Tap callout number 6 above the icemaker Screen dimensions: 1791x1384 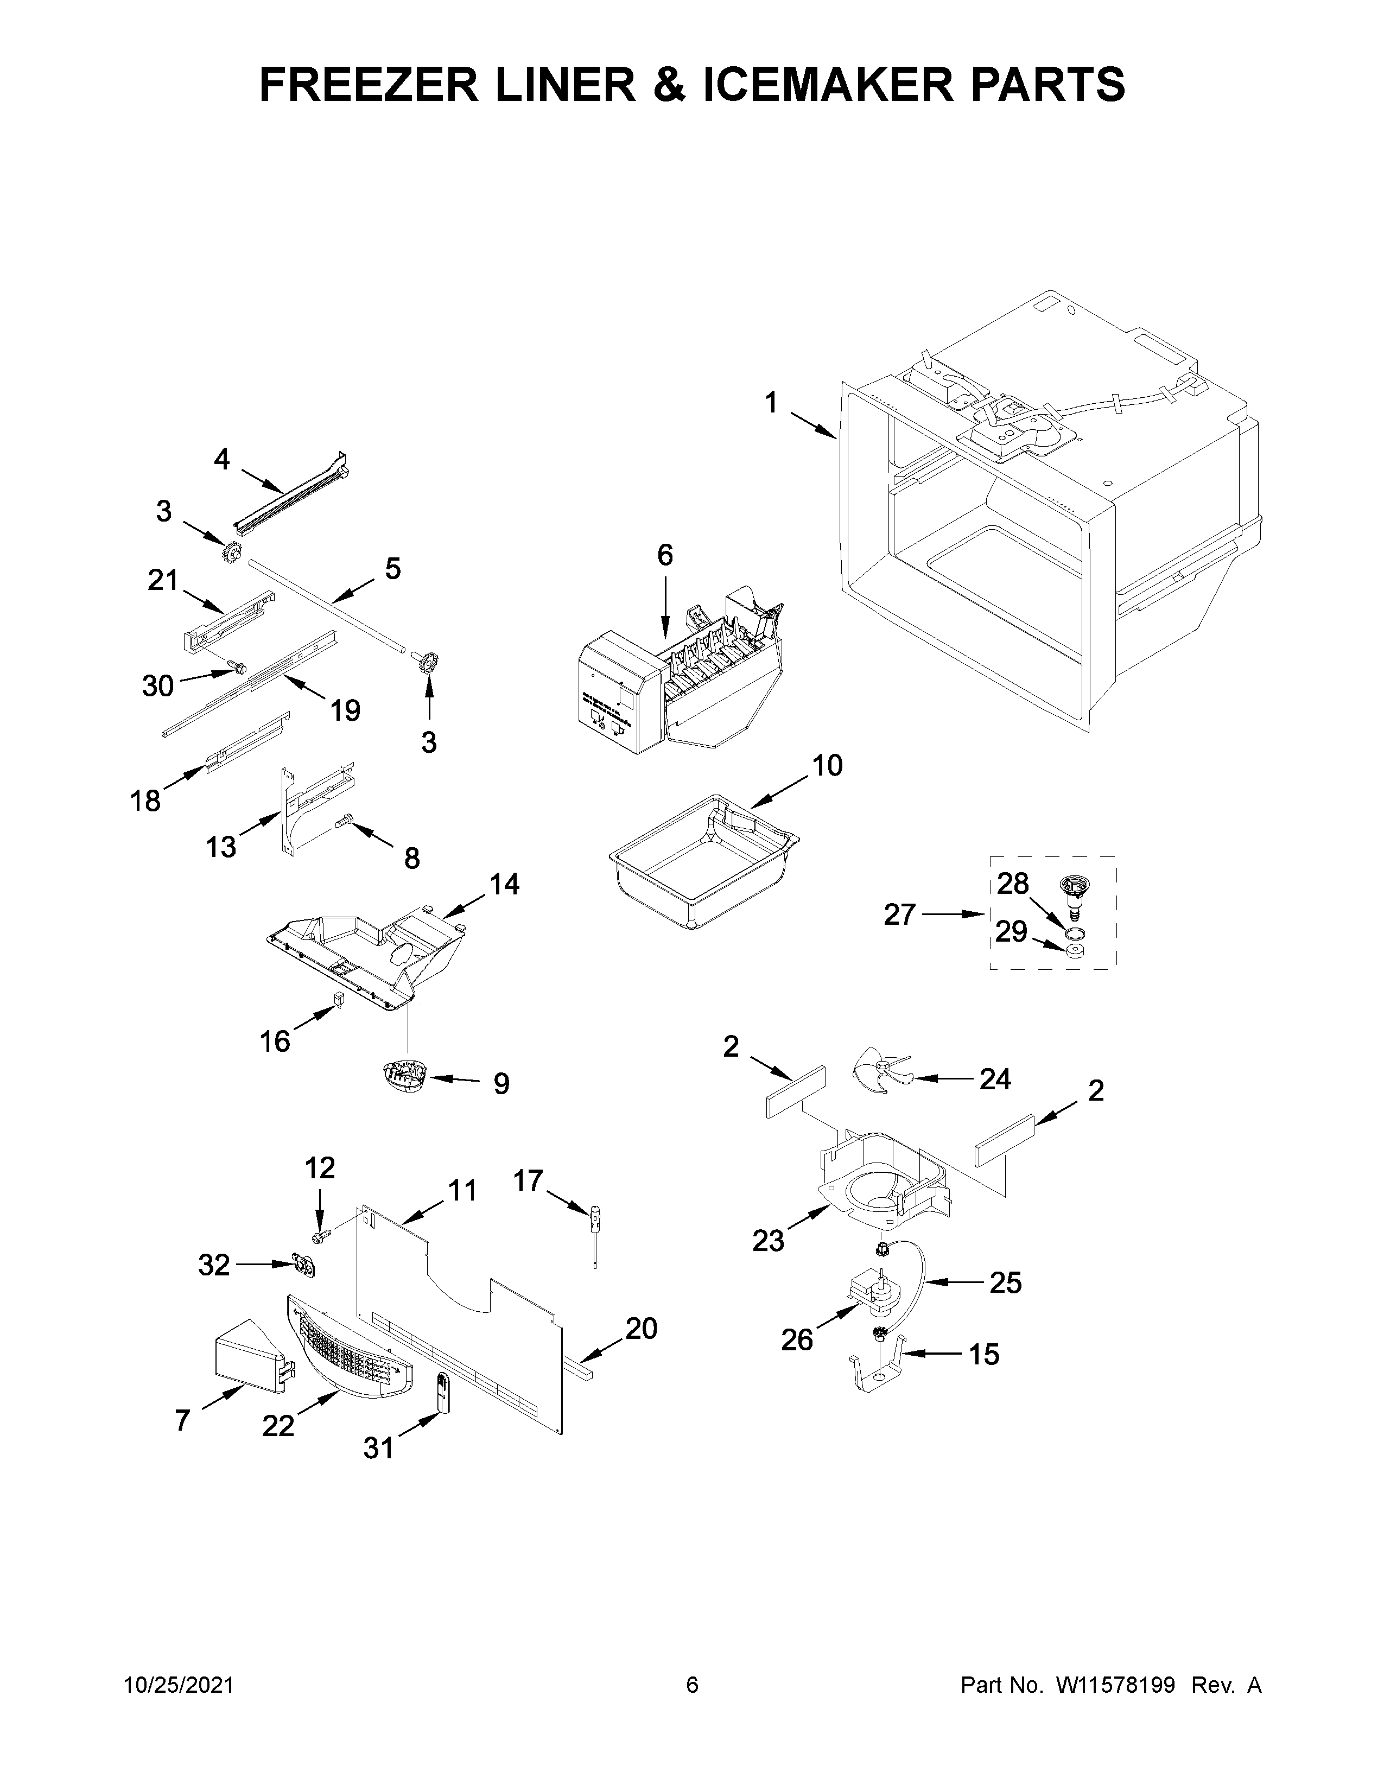point(665,555)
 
